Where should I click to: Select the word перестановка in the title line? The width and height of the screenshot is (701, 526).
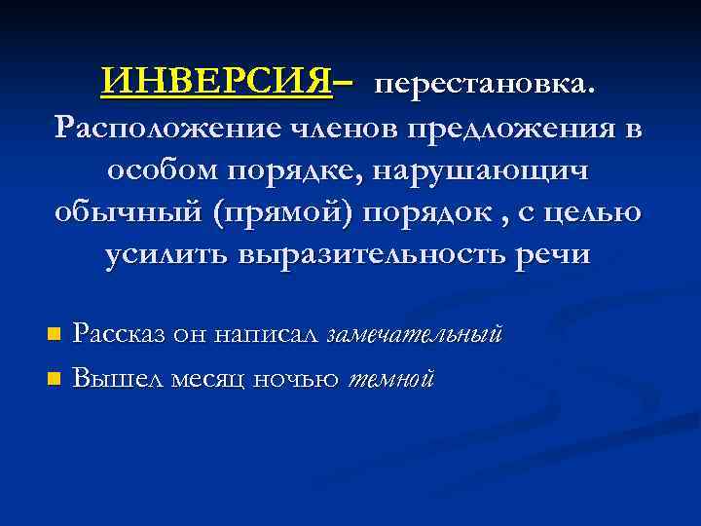point(480,85)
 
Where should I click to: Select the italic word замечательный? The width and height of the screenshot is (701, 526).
point(415,335)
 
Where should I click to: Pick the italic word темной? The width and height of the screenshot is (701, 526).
point(389,377)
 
